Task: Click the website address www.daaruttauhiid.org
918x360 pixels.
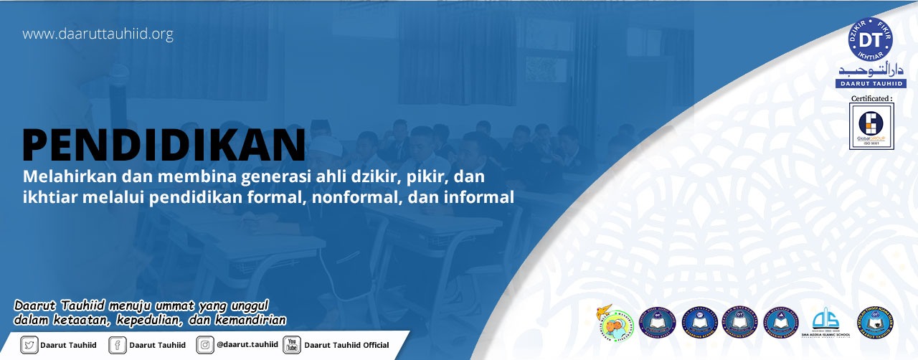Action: [98, 34]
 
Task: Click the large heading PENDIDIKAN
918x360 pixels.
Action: [164, 144]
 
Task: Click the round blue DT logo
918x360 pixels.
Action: [870, 39]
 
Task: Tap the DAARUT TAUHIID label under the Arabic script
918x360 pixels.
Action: [871, 83]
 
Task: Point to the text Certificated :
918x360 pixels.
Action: [871, 98]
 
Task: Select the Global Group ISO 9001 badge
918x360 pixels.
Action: [871, 125]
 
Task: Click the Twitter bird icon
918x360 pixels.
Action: [29, 345]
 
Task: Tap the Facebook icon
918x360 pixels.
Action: [118, 345]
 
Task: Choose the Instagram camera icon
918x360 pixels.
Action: [205, 345]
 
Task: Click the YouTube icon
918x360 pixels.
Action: [291, 345]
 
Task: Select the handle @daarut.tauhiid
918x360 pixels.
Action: [247, 345]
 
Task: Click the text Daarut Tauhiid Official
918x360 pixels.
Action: [346, 345]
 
